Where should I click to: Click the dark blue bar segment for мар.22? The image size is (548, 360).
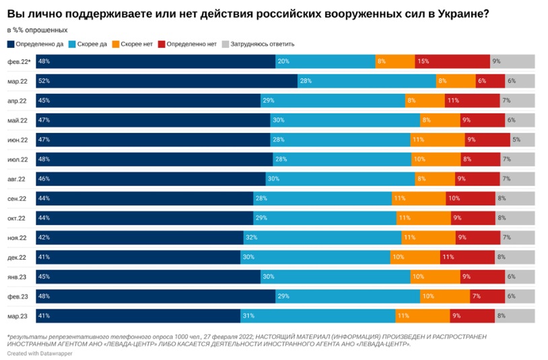coord(167,81)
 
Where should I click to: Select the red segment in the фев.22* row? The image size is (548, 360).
coord(452,61)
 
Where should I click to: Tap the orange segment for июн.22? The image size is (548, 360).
coord(437,140)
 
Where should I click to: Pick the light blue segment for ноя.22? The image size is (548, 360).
coord(322,237)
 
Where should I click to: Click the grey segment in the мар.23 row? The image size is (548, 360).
coord(515,316)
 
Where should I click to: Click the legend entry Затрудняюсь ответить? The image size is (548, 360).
coord(261,44)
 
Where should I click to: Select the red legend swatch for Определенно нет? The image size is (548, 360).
coord(162,44)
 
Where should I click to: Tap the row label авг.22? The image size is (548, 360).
coord(17,179)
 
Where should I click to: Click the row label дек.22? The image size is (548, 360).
coord(17,257)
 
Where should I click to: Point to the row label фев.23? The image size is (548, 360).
coord(17,296)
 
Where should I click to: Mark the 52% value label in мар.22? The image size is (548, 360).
coord(44,81)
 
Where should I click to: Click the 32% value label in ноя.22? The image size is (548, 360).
coord(252,237)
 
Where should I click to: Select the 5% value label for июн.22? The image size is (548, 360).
coord(516,140)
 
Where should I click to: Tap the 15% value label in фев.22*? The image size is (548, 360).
coord(423,61)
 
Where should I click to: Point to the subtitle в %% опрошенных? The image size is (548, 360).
coord(37,30)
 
